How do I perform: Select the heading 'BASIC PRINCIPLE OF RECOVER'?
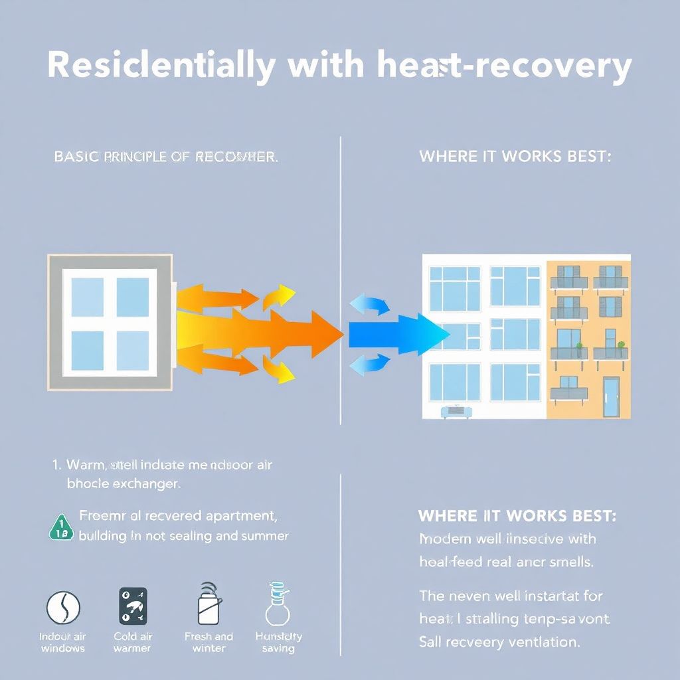(x=165, y=157)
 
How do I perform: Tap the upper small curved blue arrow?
(x=370, y=305)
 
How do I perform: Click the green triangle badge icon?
(x=61, y=526)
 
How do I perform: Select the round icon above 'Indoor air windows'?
(x=63, y=608)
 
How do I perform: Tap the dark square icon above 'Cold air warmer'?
(x=133, y=606)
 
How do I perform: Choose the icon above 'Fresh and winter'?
(x=208, y=604)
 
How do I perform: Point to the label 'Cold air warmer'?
(x=133, y=642)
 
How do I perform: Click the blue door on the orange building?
(x=610, y=396)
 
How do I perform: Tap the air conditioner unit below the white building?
(x=458, y=412)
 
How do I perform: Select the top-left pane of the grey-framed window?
(x=87, y=297)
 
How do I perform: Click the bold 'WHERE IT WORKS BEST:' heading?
(x=517, y=516)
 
